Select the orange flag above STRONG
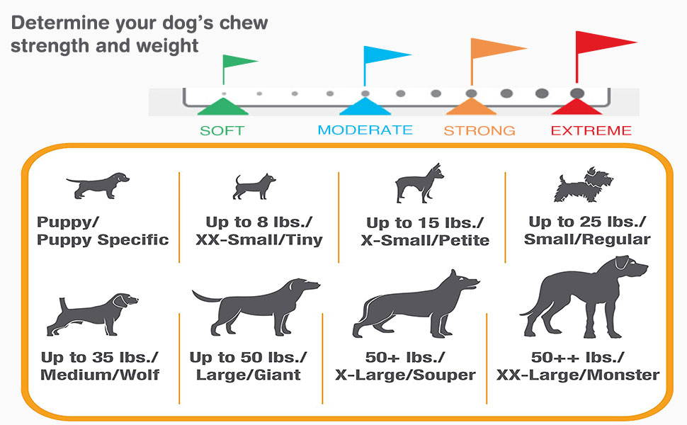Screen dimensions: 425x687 point(497,50)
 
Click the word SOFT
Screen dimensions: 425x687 point(222,130)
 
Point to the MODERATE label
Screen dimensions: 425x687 point(365,130)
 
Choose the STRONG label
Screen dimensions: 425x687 point(479,130)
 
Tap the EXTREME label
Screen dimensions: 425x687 point(591,130)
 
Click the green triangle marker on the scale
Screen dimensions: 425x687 point(222,108)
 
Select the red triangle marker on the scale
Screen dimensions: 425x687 point(577,107)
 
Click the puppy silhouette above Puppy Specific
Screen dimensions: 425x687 point(98,185)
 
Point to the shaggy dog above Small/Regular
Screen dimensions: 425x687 point(582,187)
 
